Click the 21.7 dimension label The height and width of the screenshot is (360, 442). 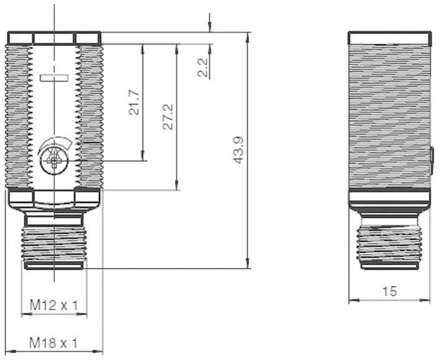(133, 102)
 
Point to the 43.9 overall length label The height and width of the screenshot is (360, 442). (238, 151)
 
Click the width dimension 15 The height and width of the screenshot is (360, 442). (389, 291)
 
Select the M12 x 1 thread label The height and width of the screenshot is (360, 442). (54, 305)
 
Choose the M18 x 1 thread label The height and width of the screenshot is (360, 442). (54, 343)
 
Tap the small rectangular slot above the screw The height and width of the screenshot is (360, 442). (54, 78)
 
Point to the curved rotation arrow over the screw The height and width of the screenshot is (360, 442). (56, 145)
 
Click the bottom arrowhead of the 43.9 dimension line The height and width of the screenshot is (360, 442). (248, 264)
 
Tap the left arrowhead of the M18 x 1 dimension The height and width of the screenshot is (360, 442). (8, 352)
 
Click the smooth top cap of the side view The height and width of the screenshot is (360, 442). (389, 38)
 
